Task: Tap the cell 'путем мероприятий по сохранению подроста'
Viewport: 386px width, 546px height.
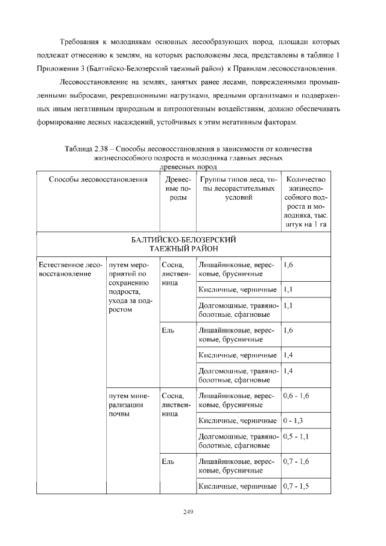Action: pyautogui.click(x=129, y=287)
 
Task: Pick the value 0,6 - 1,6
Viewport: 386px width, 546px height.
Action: pyautogui.click(x=296, y=396)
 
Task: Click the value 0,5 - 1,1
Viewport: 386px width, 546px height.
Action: pyautogui.click(x=296, y=436)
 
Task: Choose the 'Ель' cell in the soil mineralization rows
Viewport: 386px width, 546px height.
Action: pyautogui.click(x=168, y=462)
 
